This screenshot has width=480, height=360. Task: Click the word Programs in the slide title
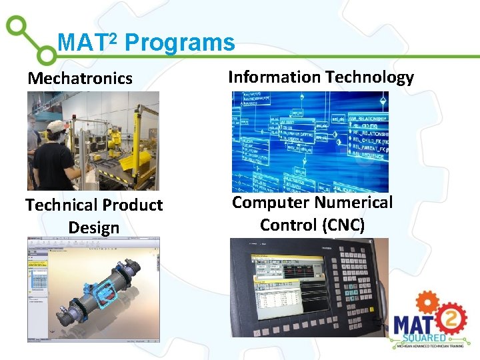click(x=180, y=43)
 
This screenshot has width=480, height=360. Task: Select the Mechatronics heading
click(x=80, y=79)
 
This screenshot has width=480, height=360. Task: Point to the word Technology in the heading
click(x=370, y=77)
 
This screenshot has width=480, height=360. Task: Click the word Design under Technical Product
click(x=94, y=228)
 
